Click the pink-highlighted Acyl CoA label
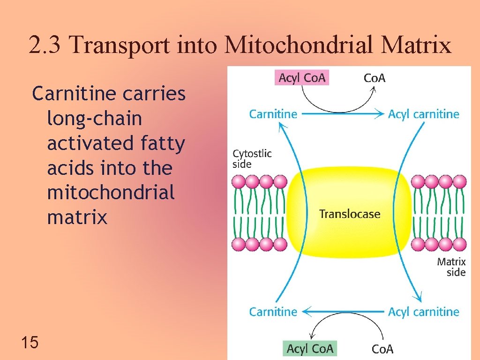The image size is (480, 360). click(x=302, y=77)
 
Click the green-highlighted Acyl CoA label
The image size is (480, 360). click(x=310, y=348)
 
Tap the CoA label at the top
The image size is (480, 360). click(x=375, y=78)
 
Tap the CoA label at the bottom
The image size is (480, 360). click(x=382, y=349)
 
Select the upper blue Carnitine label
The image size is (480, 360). click(x=273, y=114)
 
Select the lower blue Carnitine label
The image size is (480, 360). click(x=273, y=312)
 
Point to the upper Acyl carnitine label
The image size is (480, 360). click(x=423, y=114)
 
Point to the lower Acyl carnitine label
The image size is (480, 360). click(x=423, y=312)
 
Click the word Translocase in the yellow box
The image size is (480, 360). click(x=350, y=214)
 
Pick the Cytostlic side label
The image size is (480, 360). click(x=252, y=158)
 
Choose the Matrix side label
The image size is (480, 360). click(x=451, y=267)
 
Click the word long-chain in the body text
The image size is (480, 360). click(x=94, y=119)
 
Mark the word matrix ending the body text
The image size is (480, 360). click(x=77, y=217)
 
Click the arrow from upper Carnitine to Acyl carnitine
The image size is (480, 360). click(x=342, y=114)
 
